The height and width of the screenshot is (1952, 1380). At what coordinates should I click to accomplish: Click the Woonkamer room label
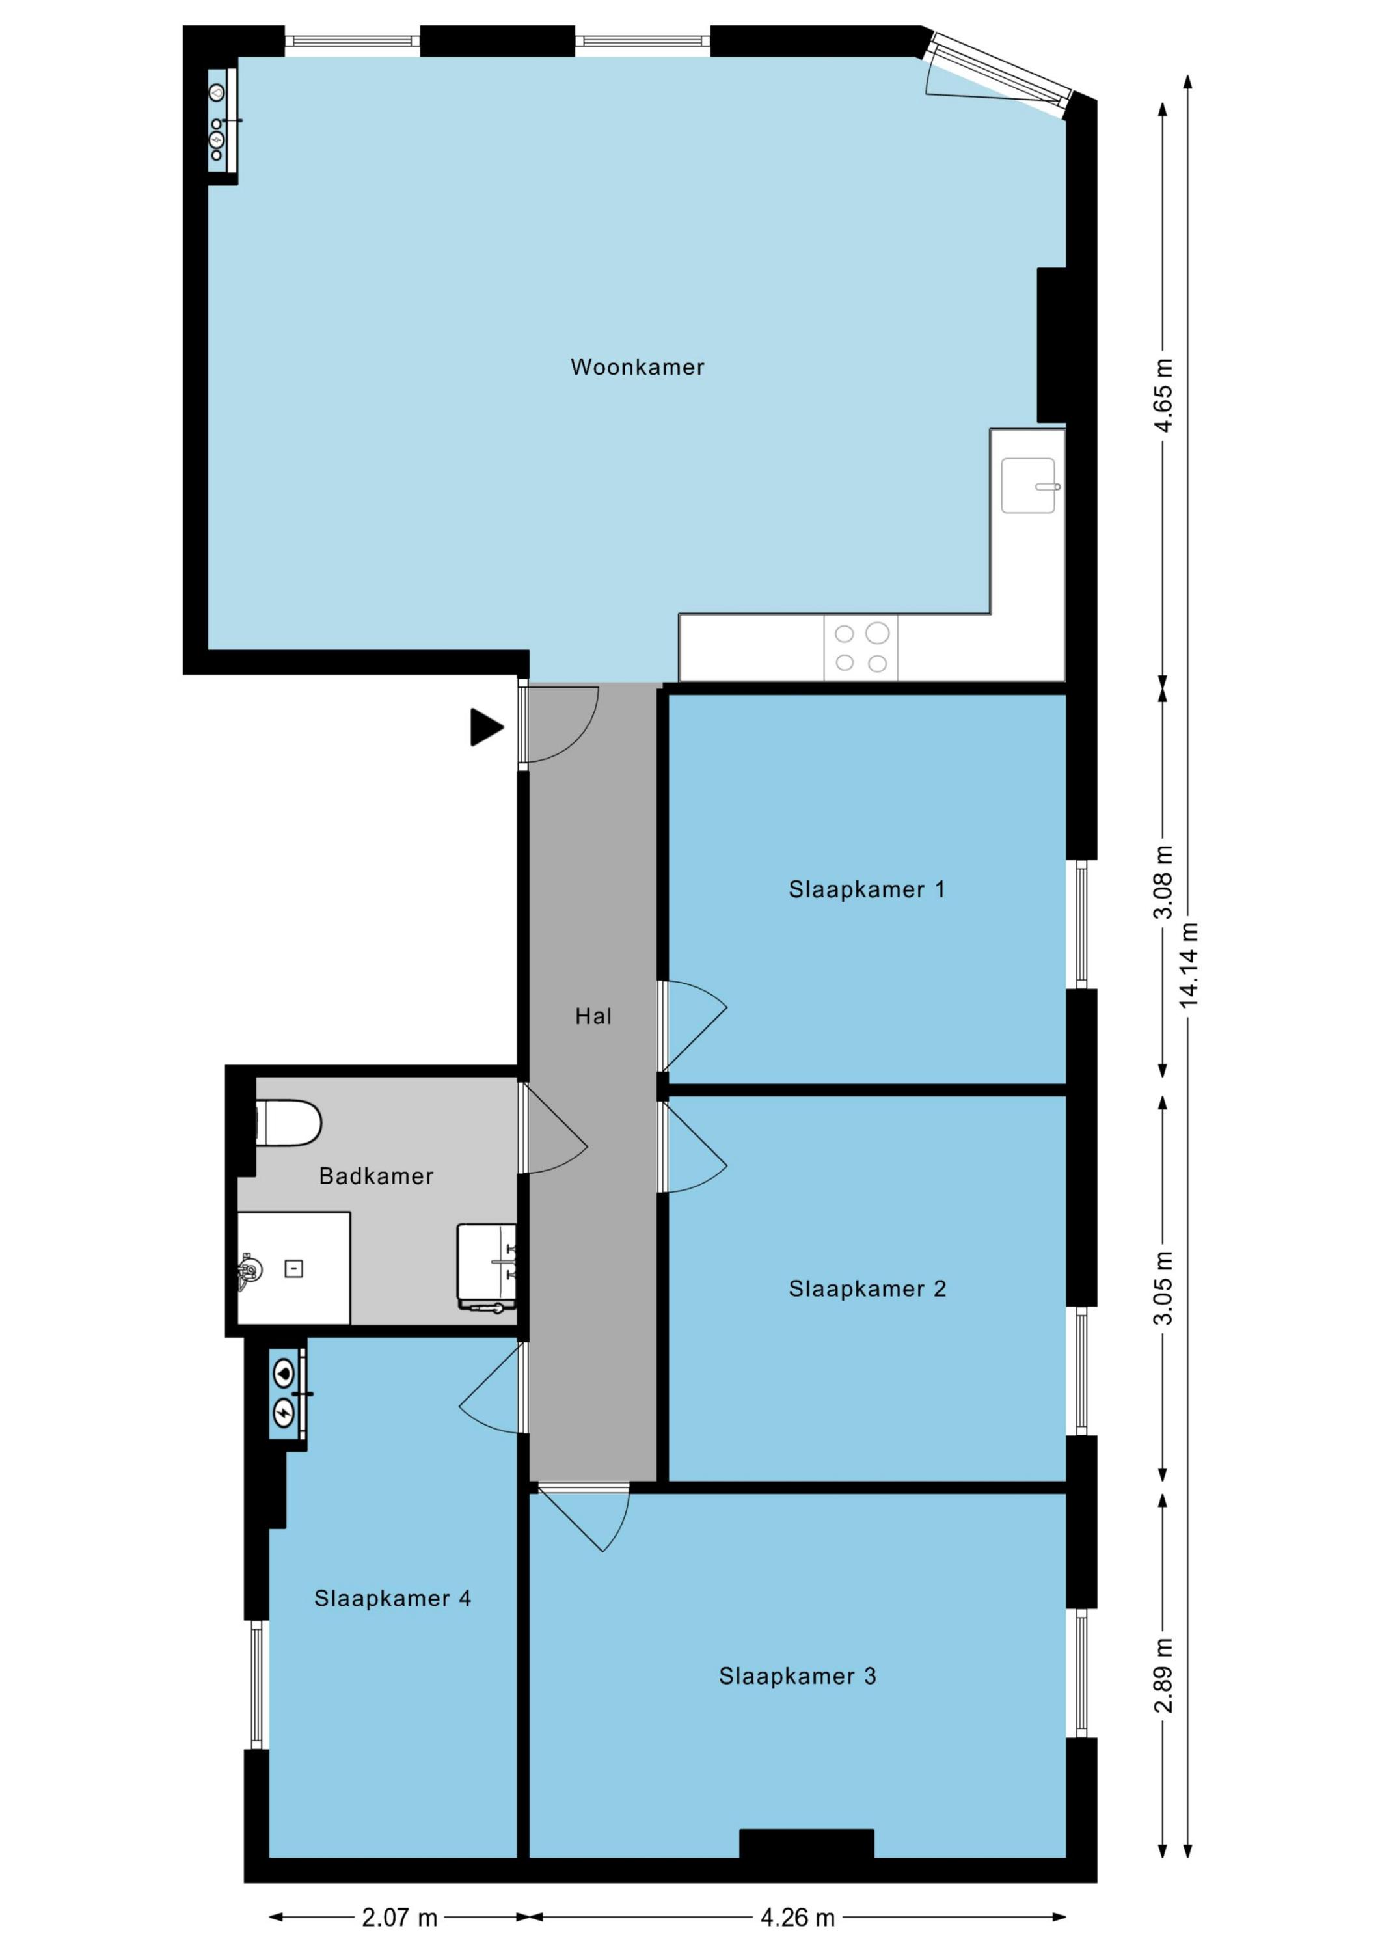637,367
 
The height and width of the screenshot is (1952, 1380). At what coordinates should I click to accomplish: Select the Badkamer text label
376,1176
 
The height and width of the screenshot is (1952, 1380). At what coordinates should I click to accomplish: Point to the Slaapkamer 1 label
867,889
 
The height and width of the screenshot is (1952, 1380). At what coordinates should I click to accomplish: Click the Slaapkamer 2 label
867,1289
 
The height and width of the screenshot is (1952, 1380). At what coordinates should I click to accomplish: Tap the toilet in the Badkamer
289,1123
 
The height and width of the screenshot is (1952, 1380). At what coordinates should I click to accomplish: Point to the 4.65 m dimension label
1163,396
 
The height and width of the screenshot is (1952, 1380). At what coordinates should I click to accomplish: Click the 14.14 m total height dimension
1188,965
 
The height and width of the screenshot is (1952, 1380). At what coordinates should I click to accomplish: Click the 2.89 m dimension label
1163,1675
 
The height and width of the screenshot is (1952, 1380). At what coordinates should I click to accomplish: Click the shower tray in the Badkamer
293,1268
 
